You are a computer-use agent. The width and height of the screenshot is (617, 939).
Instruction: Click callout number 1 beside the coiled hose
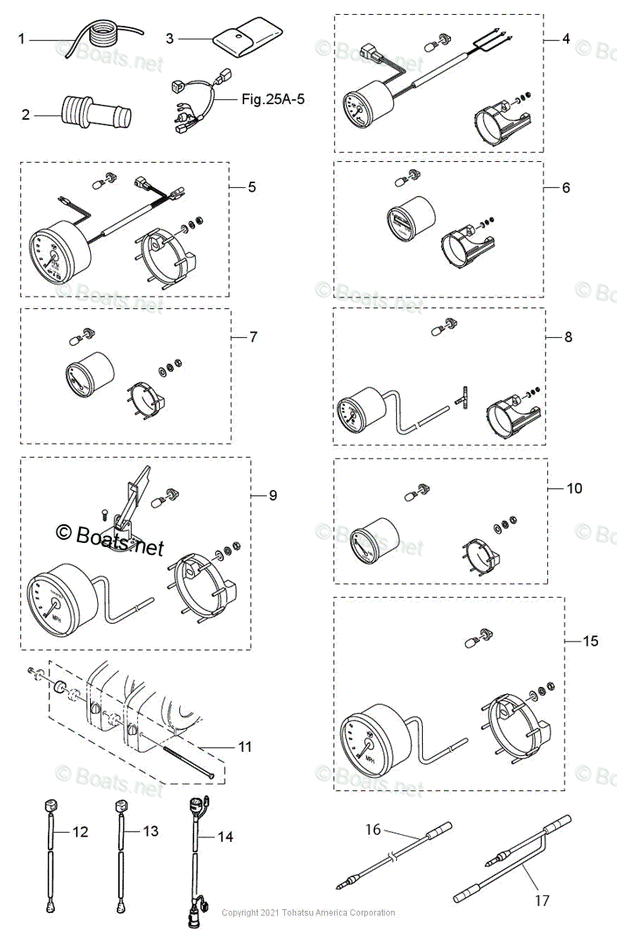pos(22,38)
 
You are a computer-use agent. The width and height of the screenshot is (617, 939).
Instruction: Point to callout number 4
pos(566,38)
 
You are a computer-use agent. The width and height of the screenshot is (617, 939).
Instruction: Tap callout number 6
pos(566,187)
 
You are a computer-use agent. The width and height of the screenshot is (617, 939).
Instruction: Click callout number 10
pos(574,487)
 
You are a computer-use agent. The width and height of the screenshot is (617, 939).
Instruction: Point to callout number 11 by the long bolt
pos(245,747)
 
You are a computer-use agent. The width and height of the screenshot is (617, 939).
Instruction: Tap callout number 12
pos(81,831)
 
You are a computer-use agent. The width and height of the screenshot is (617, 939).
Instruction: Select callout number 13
pos(150,831)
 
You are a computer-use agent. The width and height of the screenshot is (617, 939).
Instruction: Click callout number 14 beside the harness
pos(225,836)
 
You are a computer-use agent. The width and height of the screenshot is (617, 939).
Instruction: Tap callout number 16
pos(373,828)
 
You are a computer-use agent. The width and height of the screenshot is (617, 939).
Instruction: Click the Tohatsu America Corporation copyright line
pos(308,913)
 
